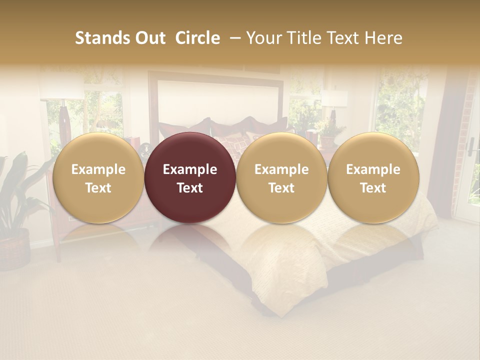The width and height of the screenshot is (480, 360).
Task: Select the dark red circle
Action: click(x=190, y=178)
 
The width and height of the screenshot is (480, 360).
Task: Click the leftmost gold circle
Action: click(x=98, y=178)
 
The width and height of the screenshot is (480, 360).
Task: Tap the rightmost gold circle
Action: click(x=373, y=178)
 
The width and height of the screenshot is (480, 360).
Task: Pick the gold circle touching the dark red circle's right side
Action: click(x=281, y=178)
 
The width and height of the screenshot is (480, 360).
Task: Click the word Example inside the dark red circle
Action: click(x=190, y=169)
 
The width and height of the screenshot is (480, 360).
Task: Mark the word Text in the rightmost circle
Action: click(x=373, y=188)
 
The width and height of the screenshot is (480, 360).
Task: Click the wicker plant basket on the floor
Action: click(x=14, y=248)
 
